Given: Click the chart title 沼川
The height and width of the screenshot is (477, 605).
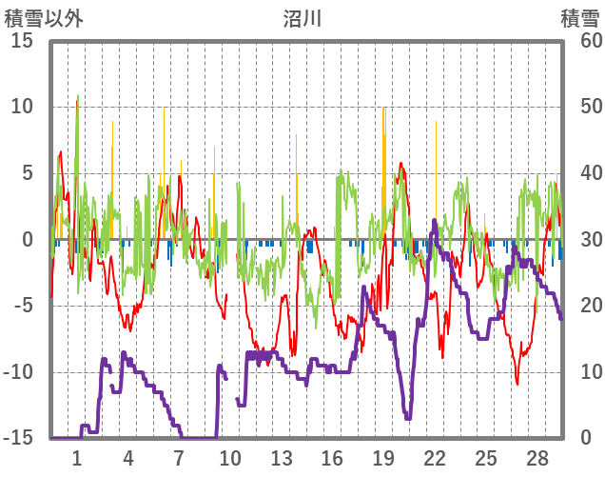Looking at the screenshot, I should coord(302,17).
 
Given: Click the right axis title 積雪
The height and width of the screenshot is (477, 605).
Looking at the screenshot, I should coord(579,17).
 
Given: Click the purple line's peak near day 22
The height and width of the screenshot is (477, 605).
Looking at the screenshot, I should coord(435,221).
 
